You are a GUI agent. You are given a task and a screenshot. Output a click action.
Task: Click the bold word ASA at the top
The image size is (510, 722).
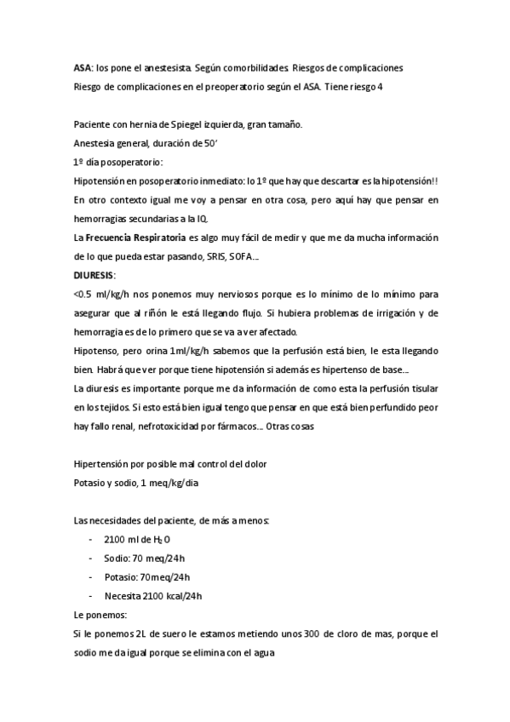pyautogui.click(x=83, y=66)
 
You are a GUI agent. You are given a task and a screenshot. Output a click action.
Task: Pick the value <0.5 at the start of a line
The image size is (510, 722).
pyautogui.click(x=84, y=295)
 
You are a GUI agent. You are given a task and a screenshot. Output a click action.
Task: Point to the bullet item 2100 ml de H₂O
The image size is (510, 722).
pyautogui.click(x=137, y=539)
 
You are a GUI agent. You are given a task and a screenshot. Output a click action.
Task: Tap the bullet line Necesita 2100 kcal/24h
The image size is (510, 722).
pyautogui.click(x=152, y=595)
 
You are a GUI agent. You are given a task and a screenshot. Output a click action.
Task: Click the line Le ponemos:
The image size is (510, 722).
pyautogui.click(x=100, y=614)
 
